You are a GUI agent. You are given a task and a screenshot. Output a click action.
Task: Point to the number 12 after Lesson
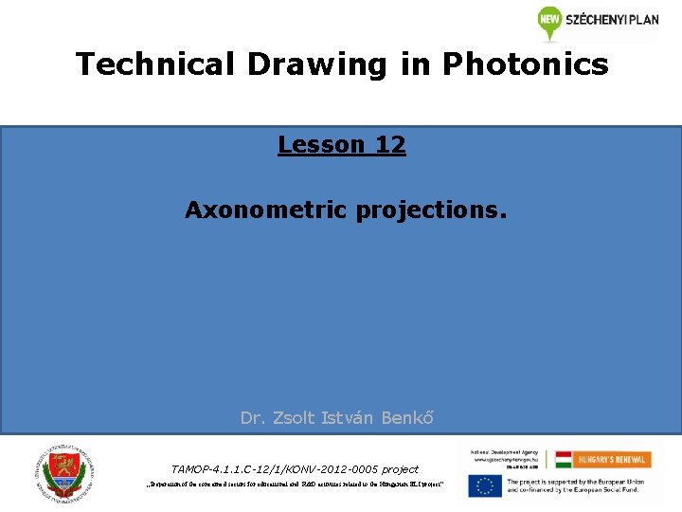pos(390,145)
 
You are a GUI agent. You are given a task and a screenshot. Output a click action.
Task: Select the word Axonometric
pos(267,210)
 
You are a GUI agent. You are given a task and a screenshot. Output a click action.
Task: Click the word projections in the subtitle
pos(432,210)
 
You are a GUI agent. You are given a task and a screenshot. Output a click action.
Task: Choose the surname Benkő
pos(408,417)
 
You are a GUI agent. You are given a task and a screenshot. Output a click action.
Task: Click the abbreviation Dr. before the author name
pos(252,417)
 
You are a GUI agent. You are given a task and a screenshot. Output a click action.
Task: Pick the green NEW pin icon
pos(549,22)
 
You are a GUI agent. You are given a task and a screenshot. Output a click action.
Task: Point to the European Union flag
pos(484,485)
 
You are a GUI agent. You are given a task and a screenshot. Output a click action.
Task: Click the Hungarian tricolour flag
pos(564,459)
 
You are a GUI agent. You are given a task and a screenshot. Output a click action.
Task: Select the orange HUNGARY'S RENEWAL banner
pos(611,459)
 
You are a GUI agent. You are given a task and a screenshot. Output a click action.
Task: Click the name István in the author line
pos(350,417)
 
